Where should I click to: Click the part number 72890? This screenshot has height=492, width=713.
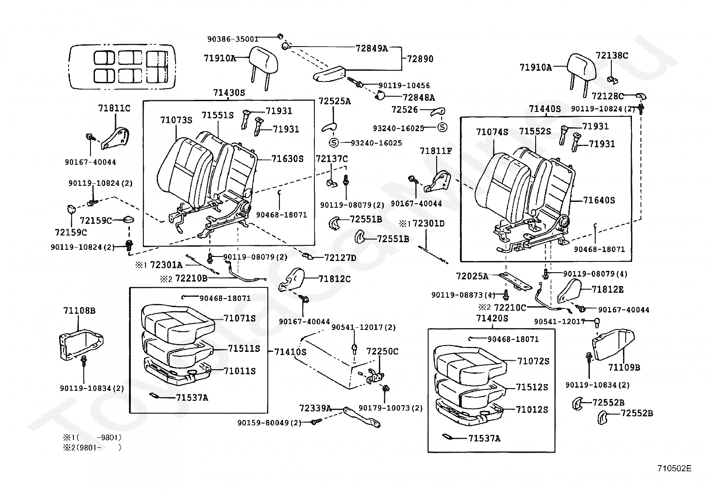420,59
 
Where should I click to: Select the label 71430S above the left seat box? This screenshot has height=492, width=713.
229,93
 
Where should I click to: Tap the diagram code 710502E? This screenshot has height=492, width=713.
674,468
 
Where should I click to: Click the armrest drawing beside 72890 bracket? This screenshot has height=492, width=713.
329,74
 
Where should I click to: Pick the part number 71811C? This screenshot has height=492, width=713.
114,108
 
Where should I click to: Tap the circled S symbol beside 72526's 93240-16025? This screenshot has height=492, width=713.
442,127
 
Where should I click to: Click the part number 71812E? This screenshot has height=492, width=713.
608,290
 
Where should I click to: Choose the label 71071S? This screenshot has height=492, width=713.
240,318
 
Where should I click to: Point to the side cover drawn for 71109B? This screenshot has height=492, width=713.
613,344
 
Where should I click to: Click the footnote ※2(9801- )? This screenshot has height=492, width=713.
92,447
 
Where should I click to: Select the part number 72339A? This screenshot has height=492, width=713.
315,408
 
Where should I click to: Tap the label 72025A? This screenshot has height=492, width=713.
472,276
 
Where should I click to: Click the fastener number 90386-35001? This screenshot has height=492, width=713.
233,39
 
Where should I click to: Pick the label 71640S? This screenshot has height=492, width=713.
599,200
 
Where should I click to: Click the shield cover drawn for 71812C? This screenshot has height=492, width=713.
292,279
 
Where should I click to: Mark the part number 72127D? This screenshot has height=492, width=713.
340,257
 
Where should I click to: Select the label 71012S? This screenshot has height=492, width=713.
532,409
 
